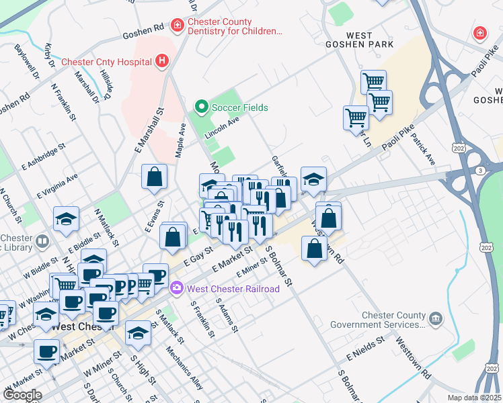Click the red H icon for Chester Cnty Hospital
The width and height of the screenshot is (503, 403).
(161, 62)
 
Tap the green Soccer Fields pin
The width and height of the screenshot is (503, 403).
(200, 107)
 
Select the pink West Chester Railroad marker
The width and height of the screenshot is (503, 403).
(177, 289)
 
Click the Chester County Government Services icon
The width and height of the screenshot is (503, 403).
(435, 316)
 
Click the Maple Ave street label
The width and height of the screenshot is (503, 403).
(180, 140)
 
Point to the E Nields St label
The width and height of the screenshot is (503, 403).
(366, 347)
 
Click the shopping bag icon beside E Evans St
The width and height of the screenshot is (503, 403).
(154, 177)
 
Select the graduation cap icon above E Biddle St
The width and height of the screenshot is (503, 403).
(66, 219)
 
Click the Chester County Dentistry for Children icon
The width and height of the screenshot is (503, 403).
(177, 26)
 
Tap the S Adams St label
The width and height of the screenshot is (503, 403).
(227, 314)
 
